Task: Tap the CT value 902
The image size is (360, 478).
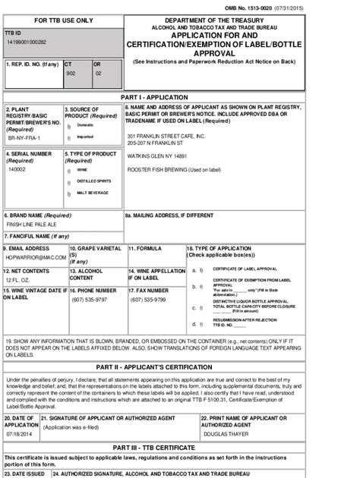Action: (70, 74)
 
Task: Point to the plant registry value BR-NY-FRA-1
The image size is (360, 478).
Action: (24, 140)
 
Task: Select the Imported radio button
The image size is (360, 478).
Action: (69, 137)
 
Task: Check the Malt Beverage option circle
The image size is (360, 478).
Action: (68, 193)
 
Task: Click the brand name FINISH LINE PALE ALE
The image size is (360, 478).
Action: (33, 225)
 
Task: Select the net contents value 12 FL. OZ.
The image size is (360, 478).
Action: (18, 280)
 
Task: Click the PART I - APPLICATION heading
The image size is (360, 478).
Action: (179, 99)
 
